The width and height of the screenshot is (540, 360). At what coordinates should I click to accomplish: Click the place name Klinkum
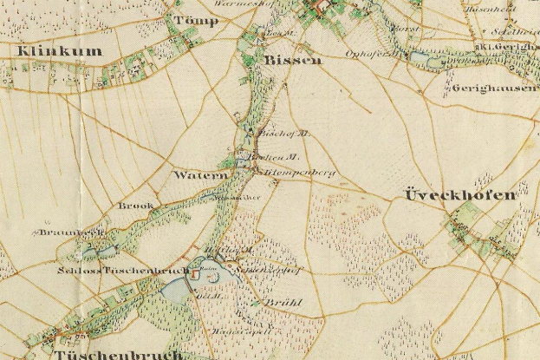(59, 51)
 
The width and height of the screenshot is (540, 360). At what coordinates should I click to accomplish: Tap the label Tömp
(194, 20)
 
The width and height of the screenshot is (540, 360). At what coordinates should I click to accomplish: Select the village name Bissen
(293, 61)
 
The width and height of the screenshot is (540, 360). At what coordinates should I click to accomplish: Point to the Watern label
(200, 175)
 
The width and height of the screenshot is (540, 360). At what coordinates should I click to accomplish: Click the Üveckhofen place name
(459, 196)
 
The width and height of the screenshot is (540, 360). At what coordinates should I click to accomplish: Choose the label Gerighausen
(493, 88)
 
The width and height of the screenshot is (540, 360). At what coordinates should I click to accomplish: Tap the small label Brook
(137, 206)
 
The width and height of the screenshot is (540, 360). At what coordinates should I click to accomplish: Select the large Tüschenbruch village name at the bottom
(118, 354)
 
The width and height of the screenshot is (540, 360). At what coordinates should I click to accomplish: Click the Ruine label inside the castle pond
(209, 275)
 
